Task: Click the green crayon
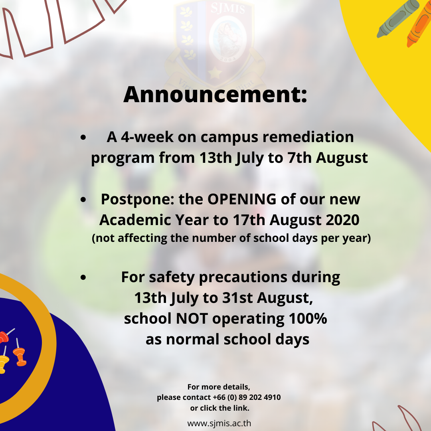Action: point(397,18)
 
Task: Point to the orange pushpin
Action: point(19,356)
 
